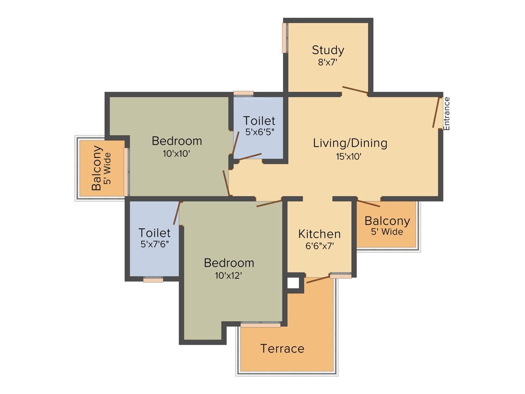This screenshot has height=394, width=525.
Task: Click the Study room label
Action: coord(328,50)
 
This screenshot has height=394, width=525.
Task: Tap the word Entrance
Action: coord(447,113)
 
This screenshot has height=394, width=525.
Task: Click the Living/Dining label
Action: coord(350,143)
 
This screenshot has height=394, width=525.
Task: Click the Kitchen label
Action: coord(319,234)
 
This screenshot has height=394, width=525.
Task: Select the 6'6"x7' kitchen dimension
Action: coord(319,246)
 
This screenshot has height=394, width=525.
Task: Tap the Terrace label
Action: coord(282,349)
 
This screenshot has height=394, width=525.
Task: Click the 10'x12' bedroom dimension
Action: coord(229,275)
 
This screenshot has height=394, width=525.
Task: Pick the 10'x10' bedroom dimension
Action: coord(177,153)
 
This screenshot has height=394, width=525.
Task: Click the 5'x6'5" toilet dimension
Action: coord(259,132)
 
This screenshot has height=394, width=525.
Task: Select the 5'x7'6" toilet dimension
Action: coord(154,245)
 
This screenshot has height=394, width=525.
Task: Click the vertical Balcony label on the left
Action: coord(96,168)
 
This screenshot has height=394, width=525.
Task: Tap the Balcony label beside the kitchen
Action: coord(387,221)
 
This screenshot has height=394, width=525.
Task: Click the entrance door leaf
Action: coord(437,111)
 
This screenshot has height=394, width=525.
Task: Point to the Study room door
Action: coord(355,90)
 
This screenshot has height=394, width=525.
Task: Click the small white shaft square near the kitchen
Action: coord(293,283)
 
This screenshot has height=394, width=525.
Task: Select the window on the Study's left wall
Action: coord(285,37)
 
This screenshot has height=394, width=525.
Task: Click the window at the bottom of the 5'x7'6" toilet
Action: coord(153,280)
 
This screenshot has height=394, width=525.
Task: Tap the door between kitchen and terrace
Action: coord(318,279)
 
